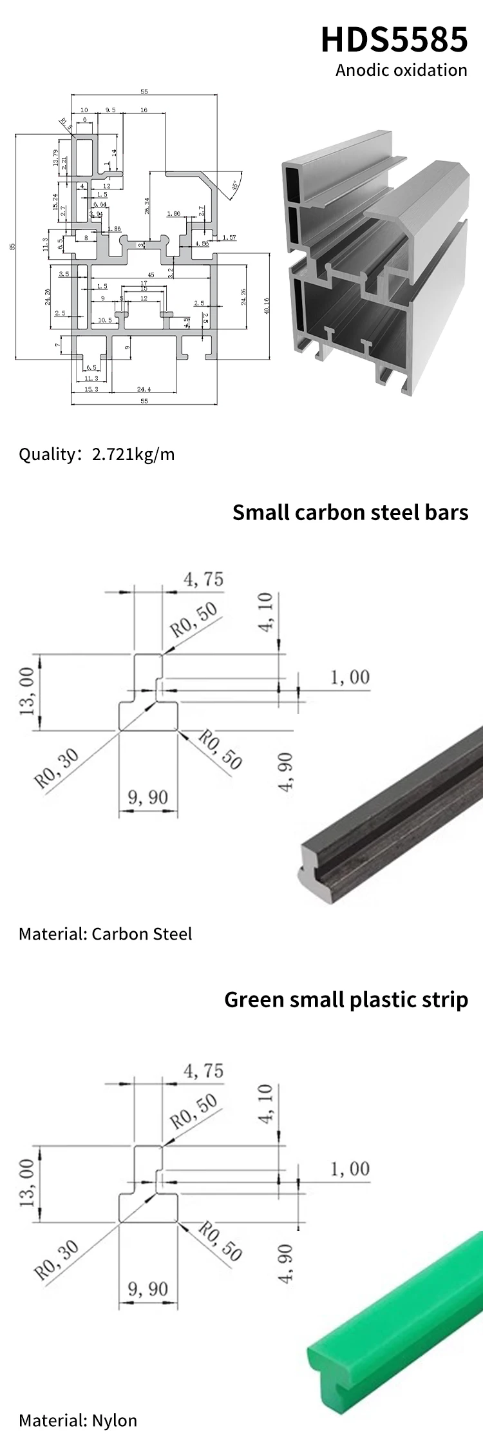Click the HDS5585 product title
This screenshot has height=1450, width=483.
point(394,39)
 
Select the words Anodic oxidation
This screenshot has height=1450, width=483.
point(401,70)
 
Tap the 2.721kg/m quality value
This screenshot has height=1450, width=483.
point(133,454)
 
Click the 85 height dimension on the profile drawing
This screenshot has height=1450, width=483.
point(12,246)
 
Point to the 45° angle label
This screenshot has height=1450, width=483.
point(234,185)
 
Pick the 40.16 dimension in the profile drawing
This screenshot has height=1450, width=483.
point(267,305)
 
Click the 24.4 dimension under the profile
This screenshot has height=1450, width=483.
point(144,389)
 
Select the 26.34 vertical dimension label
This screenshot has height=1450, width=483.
point(147,206)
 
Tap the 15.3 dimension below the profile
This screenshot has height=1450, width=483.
point(91,389)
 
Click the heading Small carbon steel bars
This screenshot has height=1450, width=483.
point(350,512)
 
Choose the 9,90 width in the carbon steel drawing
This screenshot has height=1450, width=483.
point(147,798)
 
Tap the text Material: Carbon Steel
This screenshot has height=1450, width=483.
point(105,934)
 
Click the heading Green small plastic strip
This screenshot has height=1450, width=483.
point(346,1000)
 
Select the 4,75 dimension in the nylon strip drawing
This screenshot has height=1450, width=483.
point(204,1071)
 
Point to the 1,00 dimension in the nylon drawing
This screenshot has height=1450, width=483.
point(350,1169)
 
